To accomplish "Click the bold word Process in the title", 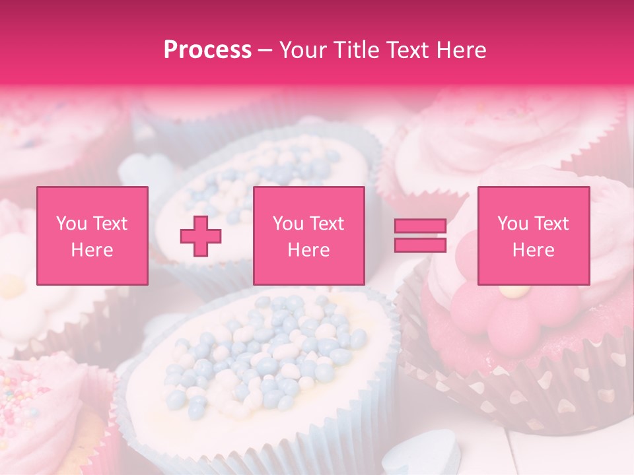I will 207,50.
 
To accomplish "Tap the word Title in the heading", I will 357,50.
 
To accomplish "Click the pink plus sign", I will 201,236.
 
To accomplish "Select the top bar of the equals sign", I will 420,226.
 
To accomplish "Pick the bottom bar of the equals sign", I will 420,245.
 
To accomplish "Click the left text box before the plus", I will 92,236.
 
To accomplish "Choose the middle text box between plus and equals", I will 308,236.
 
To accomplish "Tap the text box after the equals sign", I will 533,236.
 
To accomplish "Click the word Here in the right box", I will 533,250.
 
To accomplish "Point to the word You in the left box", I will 70,224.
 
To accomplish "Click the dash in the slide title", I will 265,50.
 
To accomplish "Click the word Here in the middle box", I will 308,250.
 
